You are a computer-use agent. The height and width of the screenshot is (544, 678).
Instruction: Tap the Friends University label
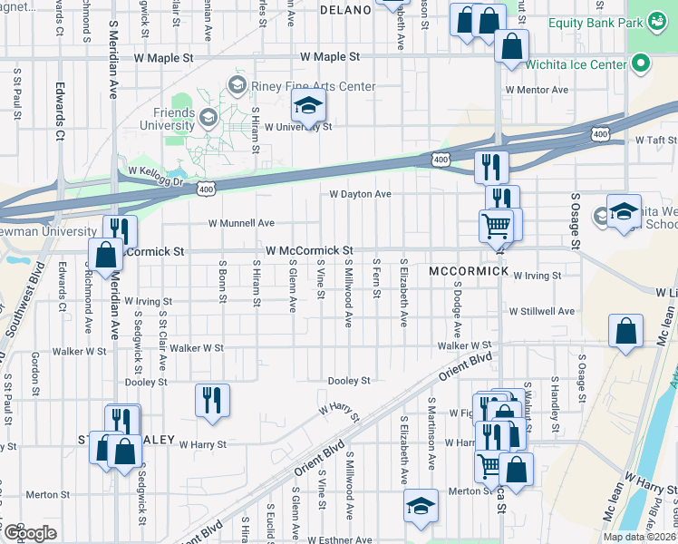168,118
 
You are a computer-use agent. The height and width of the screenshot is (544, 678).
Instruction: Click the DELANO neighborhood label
346,10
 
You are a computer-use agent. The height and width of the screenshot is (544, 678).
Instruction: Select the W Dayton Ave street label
360,194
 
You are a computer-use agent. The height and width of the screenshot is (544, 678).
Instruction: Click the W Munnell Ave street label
241,222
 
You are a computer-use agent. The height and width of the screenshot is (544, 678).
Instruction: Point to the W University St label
298,127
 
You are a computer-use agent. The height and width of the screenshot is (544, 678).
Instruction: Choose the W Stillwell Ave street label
542,311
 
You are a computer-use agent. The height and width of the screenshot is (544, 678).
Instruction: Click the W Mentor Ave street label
538,90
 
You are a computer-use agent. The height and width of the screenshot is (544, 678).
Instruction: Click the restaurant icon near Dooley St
212,399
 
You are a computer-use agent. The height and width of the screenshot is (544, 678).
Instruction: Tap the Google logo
29,533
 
